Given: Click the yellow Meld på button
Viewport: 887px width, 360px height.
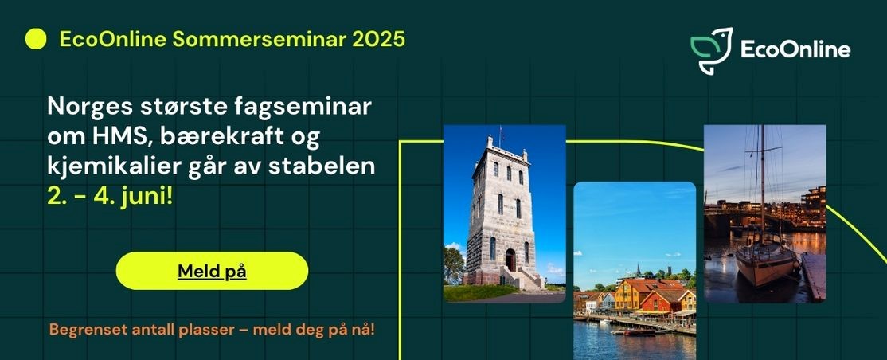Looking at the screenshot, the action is click(212, 271).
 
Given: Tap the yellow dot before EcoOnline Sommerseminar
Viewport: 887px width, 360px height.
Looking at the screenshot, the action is click(36, 39).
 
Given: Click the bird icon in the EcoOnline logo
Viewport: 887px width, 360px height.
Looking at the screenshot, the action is click(712, 50).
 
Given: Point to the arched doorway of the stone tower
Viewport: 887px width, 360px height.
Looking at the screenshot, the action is click(511, 260).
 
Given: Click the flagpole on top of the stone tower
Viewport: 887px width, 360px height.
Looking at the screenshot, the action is click(499, 136).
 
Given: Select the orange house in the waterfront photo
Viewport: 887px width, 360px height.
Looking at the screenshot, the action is click(636, 295).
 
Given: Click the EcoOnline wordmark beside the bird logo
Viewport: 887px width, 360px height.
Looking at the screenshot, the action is click(795, 50).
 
